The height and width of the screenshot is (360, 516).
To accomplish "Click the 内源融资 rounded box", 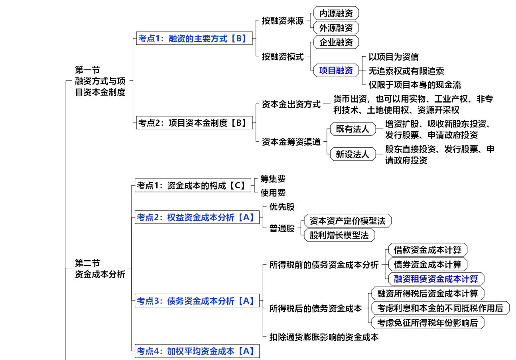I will pyautogui.click(x=336, y=13).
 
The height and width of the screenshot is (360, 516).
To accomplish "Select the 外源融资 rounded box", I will pyautogui.click(x=336, y=28).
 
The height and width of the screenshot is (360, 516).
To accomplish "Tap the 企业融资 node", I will pyautogui.click(x=336, y=42).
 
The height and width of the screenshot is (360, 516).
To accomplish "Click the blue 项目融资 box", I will pyautogui.click(x=336, y=71).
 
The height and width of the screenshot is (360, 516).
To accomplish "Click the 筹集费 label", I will pyautogui.click(x=273, y=179).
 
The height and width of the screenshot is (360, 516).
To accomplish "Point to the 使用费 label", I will pyautogui.click(x=273, y=193).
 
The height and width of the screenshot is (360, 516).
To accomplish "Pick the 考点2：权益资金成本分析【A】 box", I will pyautogui.click(x=197, y=218).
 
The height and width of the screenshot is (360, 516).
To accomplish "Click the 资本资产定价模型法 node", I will pyautogui.click(x=347, y=221).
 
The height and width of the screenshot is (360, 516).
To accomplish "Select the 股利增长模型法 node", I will pyautogui.click(x=339, y=235).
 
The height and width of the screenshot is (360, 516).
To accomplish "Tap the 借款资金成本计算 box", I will pyautogui.click(x=427, y=250).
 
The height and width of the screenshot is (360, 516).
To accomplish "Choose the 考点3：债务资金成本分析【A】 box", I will pyautogui.click(x=197, y=301).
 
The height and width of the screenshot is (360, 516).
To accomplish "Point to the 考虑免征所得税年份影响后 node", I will pyautogui.click(x=427, y=322).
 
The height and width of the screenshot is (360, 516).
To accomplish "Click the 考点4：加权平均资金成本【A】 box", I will pyautogui.click(x=197, y=351).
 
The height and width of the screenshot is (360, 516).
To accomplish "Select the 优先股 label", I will pyautogui.click(x=282, y=207).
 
